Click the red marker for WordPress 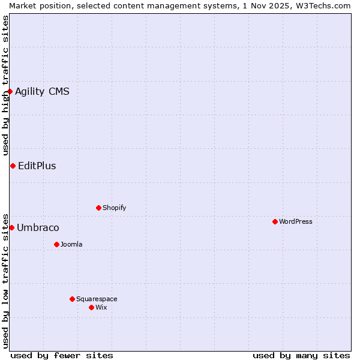click(275, 221)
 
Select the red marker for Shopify click(98, 208)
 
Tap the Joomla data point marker click(56, 244)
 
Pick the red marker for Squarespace click(72, 299)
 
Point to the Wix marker click(91, 307)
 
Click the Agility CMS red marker click(10, 91)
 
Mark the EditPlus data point click(13, 166)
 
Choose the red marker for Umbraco click(11, 227)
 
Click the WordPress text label click(296, 221)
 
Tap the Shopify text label click(115, 208)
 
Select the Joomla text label click(71, 244)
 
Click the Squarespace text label click(97, 299)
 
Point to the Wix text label click(101, 307)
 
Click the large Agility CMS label click(42, 91)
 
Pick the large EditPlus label click(37, 166)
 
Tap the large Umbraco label click(38, 227)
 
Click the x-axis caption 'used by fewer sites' click(62, 355)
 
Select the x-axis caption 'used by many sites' click(301, 355)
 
